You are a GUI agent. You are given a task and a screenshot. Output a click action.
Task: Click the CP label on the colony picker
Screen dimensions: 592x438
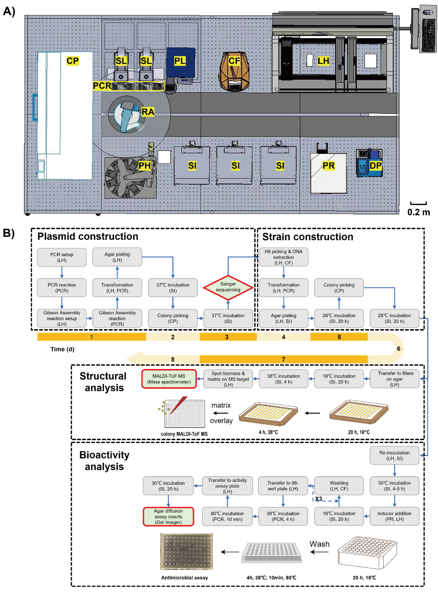point(73,61)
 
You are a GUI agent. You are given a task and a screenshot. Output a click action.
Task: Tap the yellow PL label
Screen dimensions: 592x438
point(180,61)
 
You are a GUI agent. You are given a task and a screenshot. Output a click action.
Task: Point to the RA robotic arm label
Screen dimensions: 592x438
point(148,112)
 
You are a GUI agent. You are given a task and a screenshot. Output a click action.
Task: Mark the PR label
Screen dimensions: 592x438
point(329,166)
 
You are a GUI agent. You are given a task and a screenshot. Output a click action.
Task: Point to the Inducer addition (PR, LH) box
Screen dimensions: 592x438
point(394,517)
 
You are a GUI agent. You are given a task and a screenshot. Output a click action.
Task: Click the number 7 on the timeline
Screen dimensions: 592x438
point(283,359)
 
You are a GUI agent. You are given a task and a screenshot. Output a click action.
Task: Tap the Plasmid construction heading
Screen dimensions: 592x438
point(88,236)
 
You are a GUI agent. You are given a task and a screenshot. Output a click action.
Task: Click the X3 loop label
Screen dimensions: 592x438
point(318,498)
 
